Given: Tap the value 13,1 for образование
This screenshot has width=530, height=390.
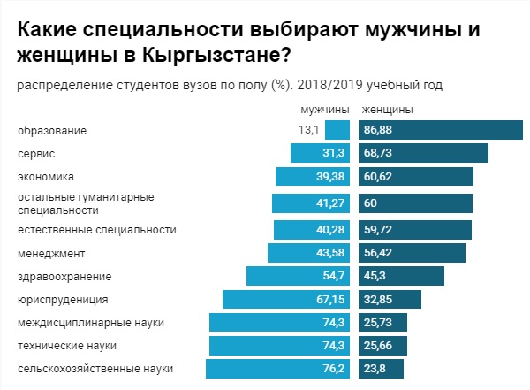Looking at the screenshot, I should pos(308,130).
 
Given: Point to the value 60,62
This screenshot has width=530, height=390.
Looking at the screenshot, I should pos(377,176).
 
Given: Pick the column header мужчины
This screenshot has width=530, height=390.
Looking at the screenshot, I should pos(326,110).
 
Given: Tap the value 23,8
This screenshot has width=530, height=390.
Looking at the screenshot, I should pos(375,368).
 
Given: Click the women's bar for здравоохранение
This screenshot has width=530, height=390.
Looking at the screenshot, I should pos(402,276).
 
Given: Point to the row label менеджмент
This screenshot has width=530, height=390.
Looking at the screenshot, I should pos(51,253).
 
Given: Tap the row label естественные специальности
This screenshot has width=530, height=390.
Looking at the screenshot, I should pos(97,230).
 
